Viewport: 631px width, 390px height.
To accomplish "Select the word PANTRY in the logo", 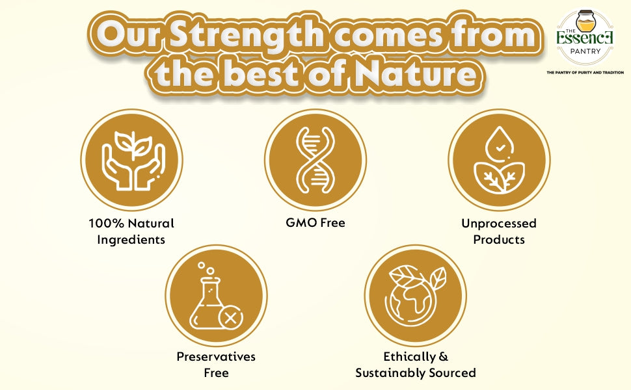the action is click(x=585, y=51).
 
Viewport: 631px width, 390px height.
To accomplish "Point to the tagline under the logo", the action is click(x=585, y=72).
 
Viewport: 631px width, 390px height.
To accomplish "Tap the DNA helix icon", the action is click(x=315, y=160).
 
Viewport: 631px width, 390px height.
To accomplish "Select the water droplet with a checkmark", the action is click(x=500, y=144).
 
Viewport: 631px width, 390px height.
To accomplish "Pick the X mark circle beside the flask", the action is click(x=230, y=318).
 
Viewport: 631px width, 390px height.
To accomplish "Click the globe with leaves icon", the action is click(x=415, y=295).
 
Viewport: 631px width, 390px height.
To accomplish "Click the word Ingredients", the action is click(x=131, y=240).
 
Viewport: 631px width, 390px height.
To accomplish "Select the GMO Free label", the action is click(x=315, y=222).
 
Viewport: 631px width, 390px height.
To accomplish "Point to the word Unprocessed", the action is click(x=499, y=224).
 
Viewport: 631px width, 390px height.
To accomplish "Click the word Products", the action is click(x=499, y=240).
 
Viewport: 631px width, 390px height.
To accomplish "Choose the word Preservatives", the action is click(x=216, y=357).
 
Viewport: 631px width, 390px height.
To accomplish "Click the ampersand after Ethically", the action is click(x=444, y=357).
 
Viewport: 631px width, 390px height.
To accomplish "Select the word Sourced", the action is click(x=453, y=372).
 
